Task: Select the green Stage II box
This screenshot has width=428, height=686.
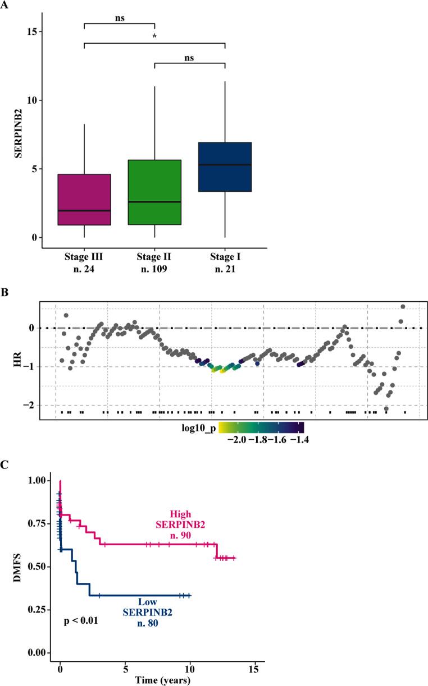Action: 154,192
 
